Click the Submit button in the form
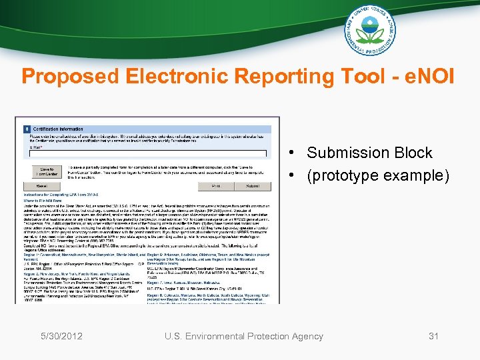pos(253,186)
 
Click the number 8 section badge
pos(27,129)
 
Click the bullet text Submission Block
pos(369,153)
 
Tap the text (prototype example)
pos(378,176)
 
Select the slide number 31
pos(434,336)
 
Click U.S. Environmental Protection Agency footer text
pos(244,336)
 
